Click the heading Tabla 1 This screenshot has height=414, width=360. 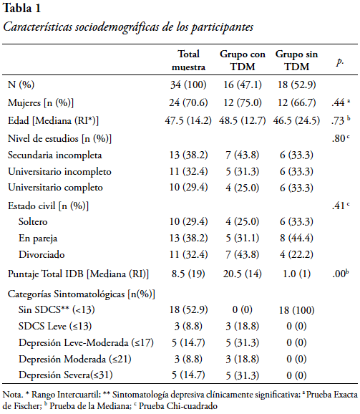tap(21, 8)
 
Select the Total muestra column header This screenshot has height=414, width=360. tap(188, 60)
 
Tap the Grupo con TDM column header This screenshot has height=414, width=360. tap(243, 60)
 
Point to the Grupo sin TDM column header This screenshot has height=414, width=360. tap(297, 60)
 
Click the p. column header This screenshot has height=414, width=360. tap(340, 62)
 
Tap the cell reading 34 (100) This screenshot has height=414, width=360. tap(188, 85)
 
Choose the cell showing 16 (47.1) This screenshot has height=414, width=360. tap(243, 85)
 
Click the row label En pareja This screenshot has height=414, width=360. tap(38, 239)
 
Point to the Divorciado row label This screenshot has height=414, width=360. tap(42, 254)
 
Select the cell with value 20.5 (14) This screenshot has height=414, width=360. tap(243, 274)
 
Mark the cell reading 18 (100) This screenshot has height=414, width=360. tap(297, 310)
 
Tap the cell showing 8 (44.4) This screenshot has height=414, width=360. tap(297, 238)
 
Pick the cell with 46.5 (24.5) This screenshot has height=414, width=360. tap(297, 120)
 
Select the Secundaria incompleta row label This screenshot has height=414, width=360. tap(55, 155)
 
